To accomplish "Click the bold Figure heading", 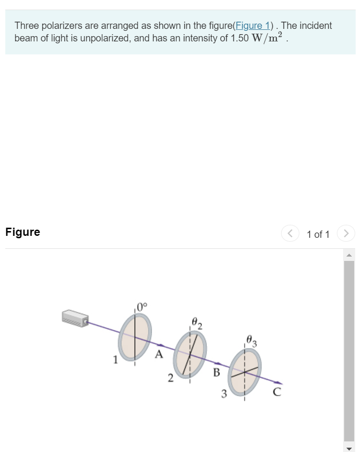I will click(x=23, y=232).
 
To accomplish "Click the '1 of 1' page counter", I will click(x=318, y=234).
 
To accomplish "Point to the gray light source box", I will click(x=75, y=317).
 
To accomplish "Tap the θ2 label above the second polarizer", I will click(x=196, y=322).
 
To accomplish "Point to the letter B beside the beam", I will click(x=216, y=373).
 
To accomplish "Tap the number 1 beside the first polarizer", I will click(x=115, y=359).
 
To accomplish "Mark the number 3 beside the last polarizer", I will click(x=224, y=395).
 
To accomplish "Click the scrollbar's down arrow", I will click(x=349, y=448).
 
